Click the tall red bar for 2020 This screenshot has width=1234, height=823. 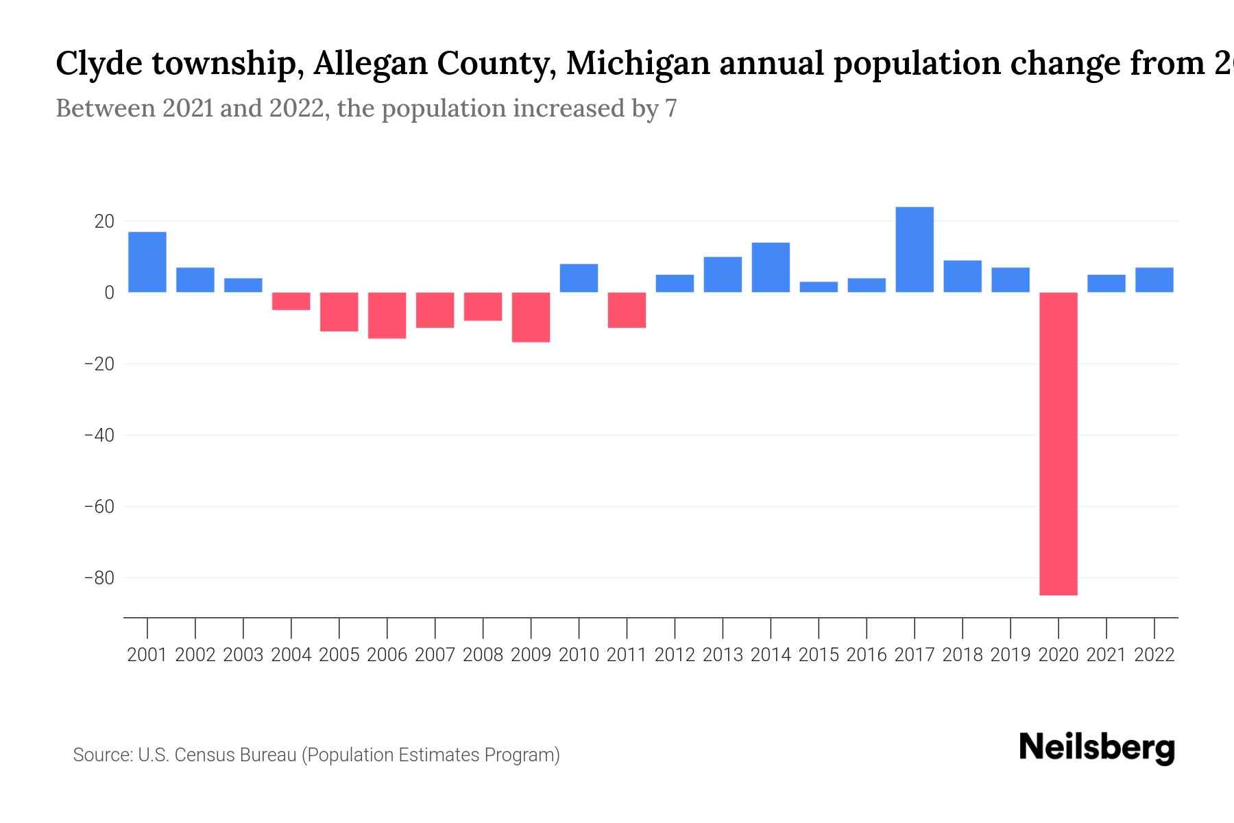(x=1058, y=443)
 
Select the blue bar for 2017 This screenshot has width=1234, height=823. (x=914, y=250)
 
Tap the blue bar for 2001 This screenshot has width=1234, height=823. (x=147, y=262)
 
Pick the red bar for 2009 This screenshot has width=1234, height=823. (x=531, y=317)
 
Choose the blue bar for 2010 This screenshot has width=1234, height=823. (x=579, y=278)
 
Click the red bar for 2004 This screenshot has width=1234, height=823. (x=291, y=301)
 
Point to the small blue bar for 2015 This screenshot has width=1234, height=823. (x=819, y=287)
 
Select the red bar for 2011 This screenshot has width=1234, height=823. (x=627, y=310)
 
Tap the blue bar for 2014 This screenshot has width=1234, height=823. (x=771, y=267)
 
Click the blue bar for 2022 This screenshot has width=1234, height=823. (x=1154, y=280)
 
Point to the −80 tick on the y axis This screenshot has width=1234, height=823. (x=99, y=577)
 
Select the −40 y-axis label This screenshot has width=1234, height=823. (x=99, y=435)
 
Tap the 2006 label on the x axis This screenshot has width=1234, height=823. (x=387, y=655)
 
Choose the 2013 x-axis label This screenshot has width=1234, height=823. (x=723, y=655)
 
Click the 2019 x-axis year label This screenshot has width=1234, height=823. (x=1010, y=655)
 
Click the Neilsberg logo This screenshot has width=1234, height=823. (x=1097, y=748)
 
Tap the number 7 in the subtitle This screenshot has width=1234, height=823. (x=670, y=109)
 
